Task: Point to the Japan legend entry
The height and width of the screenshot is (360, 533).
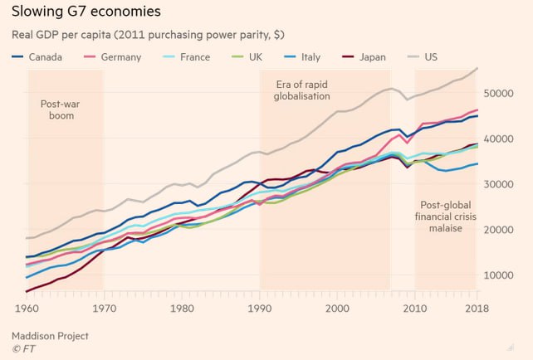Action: coord(378,57)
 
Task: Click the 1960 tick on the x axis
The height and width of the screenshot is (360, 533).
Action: coord(27,308)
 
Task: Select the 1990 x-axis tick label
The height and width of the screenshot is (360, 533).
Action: coord(260,308)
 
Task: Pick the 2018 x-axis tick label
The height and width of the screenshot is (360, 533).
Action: coord(476,308)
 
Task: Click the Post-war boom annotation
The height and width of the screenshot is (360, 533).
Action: coord(57,109)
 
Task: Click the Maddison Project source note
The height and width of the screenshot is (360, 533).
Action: coord(50,336)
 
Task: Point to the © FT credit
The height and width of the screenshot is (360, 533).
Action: coord(24,350)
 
